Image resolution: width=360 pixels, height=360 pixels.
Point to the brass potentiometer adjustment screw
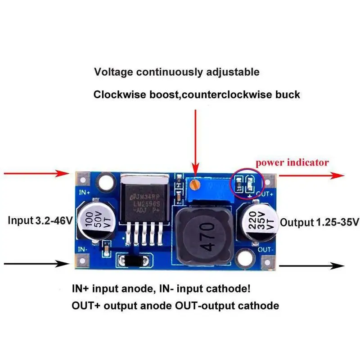click(x=194, y=184)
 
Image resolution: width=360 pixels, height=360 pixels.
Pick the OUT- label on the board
click(x=265, y=248)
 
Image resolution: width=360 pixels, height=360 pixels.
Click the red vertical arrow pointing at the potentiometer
click(x=195, y=139)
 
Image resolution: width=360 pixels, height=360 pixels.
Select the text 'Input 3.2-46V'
click(x=40, y=221)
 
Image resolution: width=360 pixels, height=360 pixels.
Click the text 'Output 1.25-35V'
click(x=319, y=222)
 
